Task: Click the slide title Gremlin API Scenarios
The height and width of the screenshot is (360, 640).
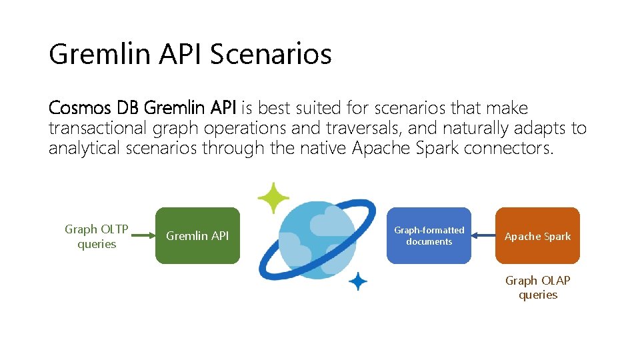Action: (190, 54)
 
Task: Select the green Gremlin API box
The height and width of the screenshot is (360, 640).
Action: (197, 236)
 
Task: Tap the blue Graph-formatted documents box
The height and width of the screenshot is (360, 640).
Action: (429, 236)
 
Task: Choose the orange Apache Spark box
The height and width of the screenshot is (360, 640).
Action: (537, 236)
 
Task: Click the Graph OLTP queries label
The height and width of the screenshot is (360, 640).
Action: (97, 237)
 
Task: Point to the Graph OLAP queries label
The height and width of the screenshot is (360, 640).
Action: (537, 288)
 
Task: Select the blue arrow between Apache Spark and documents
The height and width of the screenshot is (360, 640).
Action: (483, 235)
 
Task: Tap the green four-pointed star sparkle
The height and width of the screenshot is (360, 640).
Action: (274, 199)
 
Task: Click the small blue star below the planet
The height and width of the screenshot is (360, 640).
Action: (358, 282)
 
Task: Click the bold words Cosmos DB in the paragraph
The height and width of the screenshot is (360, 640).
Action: (94, 108)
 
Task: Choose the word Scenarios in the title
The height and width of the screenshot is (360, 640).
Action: (271, 54)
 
